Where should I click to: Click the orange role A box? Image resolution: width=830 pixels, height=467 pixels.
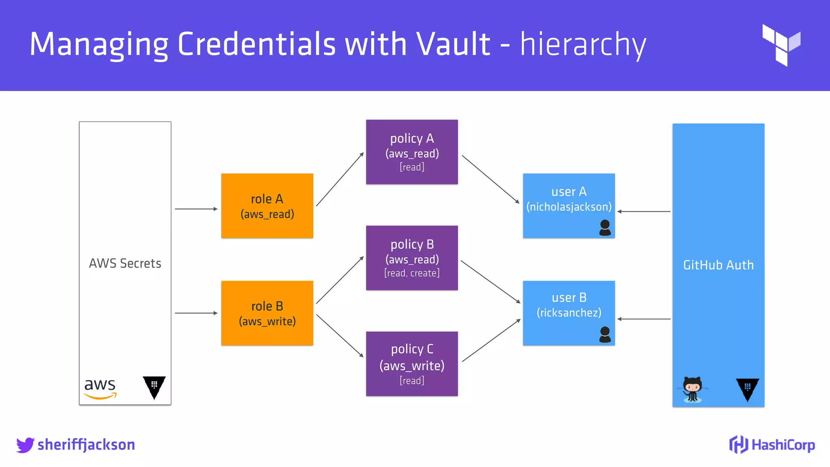pos(267,206)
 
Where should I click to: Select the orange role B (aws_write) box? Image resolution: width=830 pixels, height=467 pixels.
pos(267,313)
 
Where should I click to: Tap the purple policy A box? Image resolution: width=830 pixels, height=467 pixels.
pos(412,152)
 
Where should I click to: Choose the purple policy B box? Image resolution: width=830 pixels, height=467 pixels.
pos(412,258)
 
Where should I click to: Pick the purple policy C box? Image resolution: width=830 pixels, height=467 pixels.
pos(412,364)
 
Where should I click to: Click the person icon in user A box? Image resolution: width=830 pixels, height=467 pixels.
pos(605,228)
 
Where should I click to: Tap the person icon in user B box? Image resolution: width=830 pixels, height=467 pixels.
pos(605,335)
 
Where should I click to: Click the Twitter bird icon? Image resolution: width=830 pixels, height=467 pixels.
pos(25,445)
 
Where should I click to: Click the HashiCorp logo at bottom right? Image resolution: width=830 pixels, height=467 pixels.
pos(772,445)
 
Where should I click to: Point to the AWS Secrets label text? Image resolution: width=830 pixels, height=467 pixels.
pos(125,263)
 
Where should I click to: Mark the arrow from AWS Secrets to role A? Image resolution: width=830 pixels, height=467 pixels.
pos(196,209)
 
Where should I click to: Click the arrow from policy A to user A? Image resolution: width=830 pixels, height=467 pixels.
pos(490,179)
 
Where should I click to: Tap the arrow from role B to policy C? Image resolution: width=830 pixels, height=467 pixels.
pos(340,336)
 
